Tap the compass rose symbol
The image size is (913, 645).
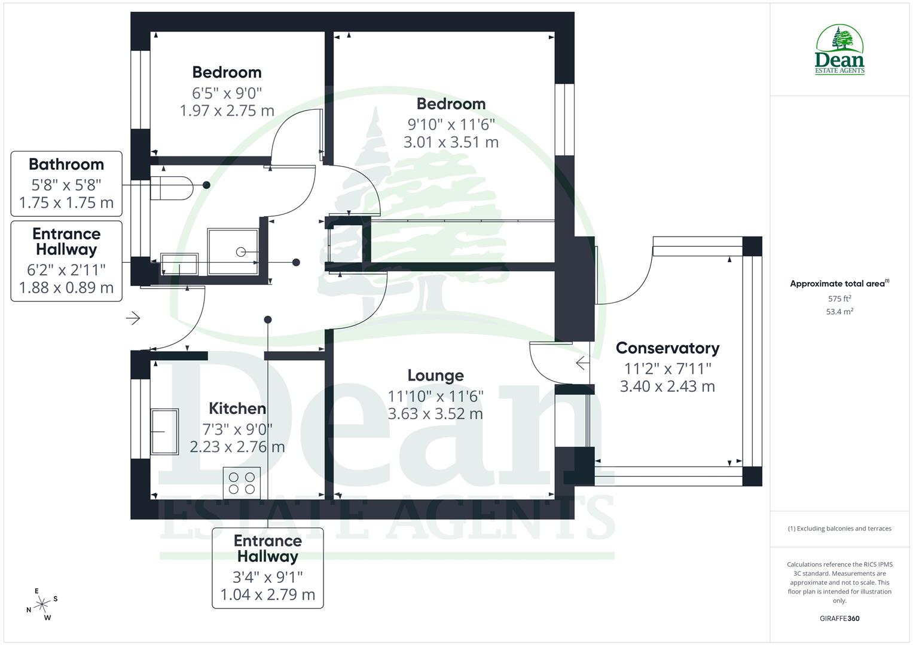pyautogui.click(x=42, y=604)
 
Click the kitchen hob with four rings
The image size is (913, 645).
pyautogui.click(x=242, y=483)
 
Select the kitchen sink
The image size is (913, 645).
pyautogui.click(x=164, y=431)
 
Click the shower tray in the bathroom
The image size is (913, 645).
pyautogui.click(x=233, y=251)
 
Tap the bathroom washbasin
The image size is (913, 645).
pyautogui.click(x=179, y=264)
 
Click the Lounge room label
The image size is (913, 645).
pyautogui.click(x=435, y=376)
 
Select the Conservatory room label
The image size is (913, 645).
pyautogui.click(x=667, y=348)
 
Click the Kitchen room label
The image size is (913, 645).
pyautogui.click(x=237, y=408)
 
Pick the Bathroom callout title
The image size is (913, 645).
pyautogui.click(x=66, y=164)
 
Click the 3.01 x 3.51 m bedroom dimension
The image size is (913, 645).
pyautogui.click(x=451, y=142)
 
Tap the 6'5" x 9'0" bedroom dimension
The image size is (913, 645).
pyautogui.click(x=227, y=93)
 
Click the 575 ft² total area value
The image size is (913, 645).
pyautogui.click(x=839, y=299)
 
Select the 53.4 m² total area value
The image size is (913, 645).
pyautogui.click(x=839, y=312)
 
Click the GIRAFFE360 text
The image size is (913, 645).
pyautogui.click(x=839, y=618)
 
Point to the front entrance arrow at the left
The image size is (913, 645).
pyautogui.click(x=133, y=318)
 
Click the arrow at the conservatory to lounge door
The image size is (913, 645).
pyautogui.click(x=581, y=363)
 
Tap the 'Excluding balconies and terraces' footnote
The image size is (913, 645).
pyautogui.click(x=839, y=529)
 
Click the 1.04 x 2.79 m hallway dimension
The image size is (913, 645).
pyautogui.click(x=267, y=595)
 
